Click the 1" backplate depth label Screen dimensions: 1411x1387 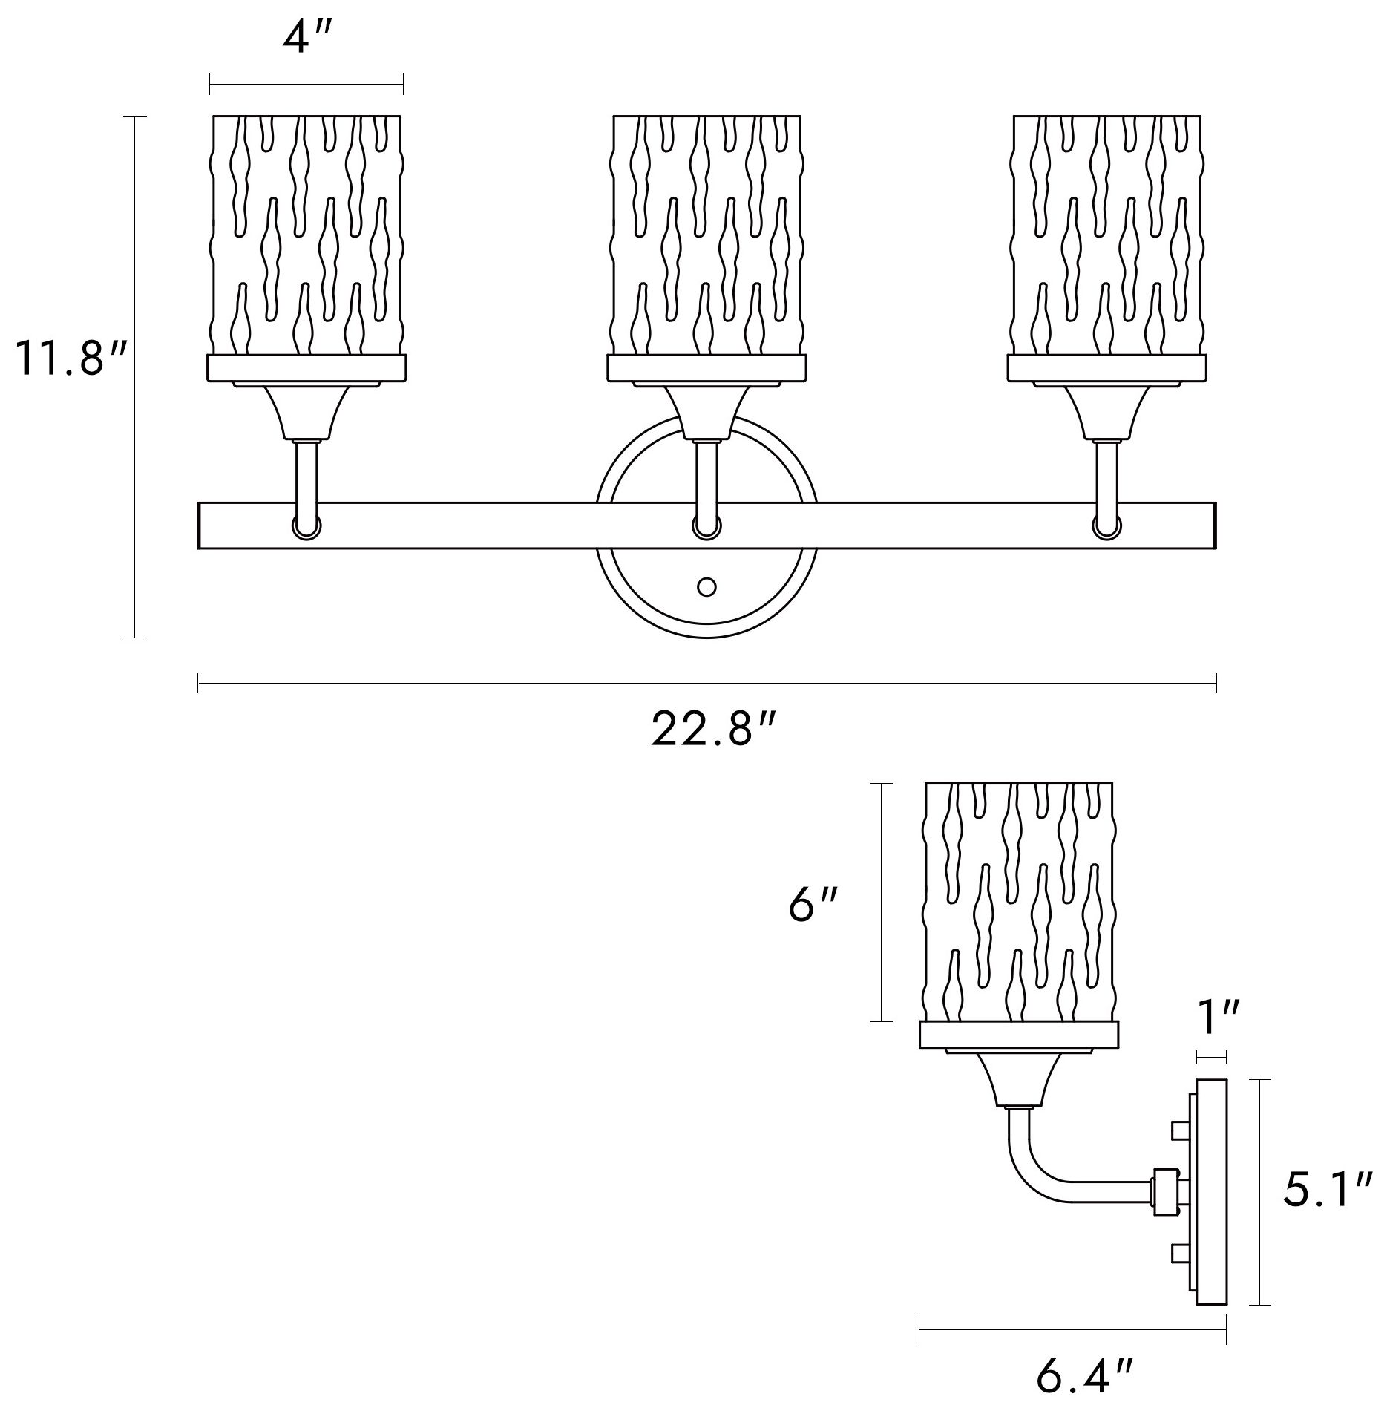click(x=1218, y=1019)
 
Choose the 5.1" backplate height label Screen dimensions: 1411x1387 click(x=1326, y=1190)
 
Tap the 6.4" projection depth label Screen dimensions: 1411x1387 click(x=1084, y=1378)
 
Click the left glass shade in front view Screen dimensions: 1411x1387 click(x=306, y=235)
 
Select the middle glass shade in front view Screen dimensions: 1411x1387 click(x=706, y=235)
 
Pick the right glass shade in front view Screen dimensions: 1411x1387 click(x=1107, y=235)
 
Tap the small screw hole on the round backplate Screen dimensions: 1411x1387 click(x=707, y=587)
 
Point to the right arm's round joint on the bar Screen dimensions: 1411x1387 click(x=1106, y=526)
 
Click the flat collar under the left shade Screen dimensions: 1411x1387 click(x=306, y=367)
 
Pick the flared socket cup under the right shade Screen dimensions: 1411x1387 click(x=1106, y=411)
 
